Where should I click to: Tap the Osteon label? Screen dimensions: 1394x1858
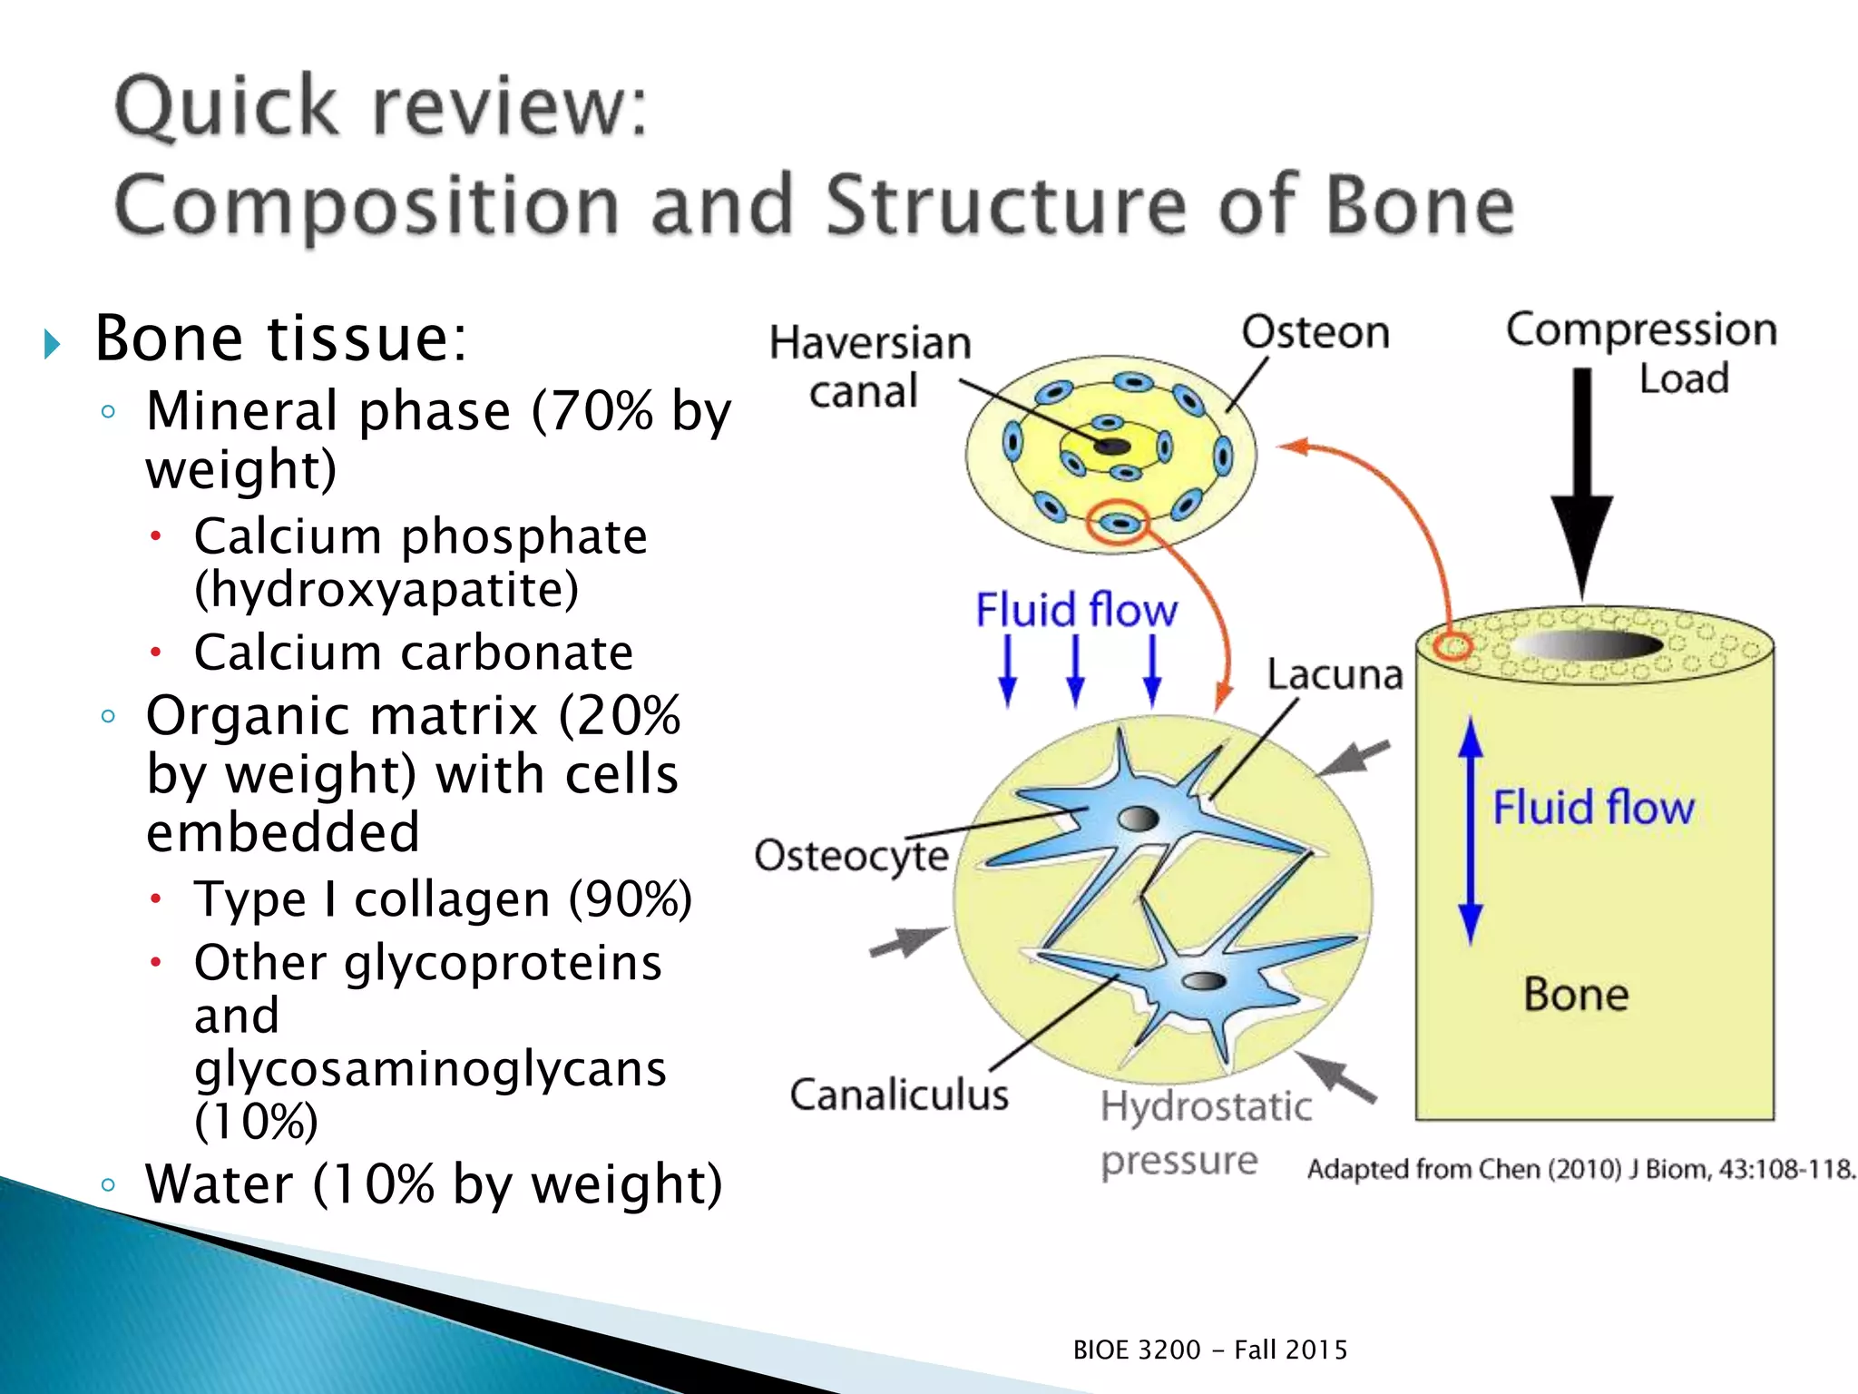pos(1315,332)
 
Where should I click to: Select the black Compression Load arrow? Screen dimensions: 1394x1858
pos(1581,481)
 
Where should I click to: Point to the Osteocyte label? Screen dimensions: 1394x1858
pos(851,856)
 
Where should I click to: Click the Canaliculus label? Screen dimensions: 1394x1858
pos(898,1095)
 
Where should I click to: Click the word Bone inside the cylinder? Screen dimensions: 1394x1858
pos(1576,995)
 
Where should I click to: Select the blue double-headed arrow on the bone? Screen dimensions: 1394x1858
pos(1471,830)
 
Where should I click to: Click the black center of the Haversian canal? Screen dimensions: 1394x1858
pos(1111,447)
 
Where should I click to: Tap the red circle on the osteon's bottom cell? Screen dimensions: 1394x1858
pos(1119,523)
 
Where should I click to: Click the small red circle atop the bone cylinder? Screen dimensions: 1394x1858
pos(1454,647)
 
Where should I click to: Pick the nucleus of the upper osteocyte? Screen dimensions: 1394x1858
pos(1138,819)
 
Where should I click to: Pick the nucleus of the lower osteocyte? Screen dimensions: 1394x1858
pos(1204,980)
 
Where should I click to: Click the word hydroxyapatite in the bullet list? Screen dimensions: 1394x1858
pos(386,590)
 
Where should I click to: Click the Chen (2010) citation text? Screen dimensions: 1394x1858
pos(1579,1169)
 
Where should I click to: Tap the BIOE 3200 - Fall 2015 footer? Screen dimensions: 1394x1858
pos(1209,1350)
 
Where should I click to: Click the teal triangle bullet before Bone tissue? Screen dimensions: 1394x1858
pos(52,344)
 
